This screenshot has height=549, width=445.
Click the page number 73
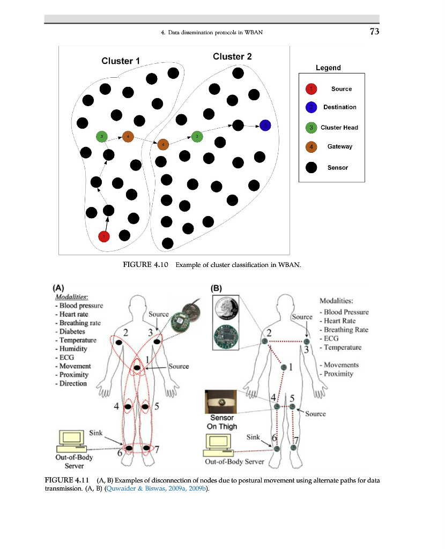click(374, 32)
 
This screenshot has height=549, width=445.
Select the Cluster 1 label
click(121, 61)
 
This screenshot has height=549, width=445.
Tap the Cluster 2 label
click(232, 56)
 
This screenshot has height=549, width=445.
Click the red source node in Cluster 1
click(104, 235)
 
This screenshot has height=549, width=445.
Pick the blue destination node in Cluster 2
click(265, 125)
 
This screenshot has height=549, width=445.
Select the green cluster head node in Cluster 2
click(197, 136)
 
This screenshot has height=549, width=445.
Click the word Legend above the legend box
click(328, 68)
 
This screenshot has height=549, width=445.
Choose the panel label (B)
click(218, 287)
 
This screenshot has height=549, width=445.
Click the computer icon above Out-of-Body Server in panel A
click(72, 440)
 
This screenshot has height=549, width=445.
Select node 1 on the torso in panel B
click(284, 367)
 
